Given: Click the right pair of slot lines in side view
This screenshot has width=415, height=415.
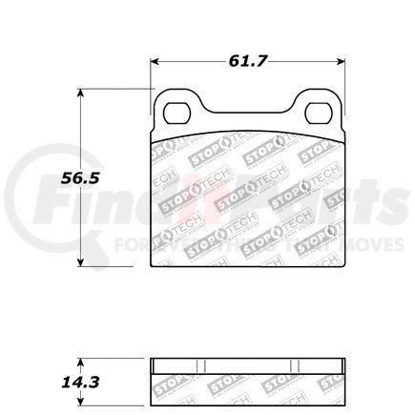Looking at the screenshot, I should pos(298,368).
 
